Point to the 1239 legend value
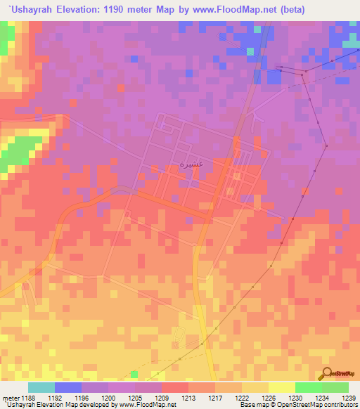point(349,398)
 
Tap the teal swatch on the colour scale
point(41,387)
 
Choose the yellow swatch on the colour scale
point(282,387)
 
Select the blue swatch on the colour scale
point(68,387)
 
